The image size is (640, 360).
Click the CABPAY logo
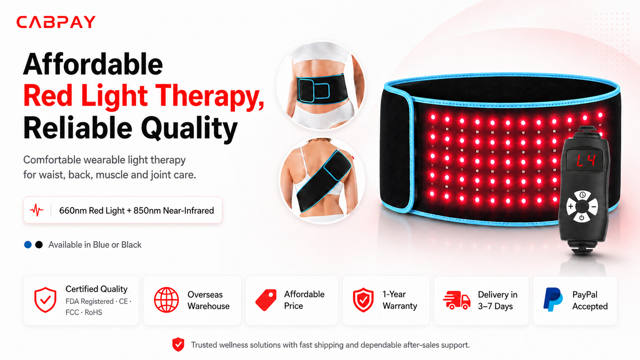[56, 22]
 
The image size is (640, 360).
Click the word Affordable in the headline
[93, 64]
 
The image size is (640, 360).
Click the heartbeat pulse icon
[37, 210]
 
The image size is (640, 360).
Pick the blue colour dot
[28, 245]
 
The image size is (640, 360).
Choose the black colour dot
[39, 245]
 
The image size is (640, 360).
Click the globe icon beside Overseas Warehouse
[166, 300]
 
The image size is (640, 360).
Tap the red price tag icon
[266, 300]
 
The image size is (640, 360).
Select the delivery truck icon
[457, 300]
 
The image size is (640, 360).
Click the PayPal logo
[553, 300]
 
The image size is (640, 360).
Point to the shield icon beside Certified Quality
[45, 300]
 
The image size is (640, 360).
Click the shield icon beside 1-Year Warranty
[363, 300]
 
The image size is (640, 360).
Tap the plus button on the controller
[571, 206]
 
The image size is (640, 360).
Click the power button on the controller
[581, 218]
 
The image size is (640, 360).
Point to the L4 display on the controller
[585, 161]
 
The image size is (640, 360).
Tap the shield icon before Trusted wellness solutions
[178, 344]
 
